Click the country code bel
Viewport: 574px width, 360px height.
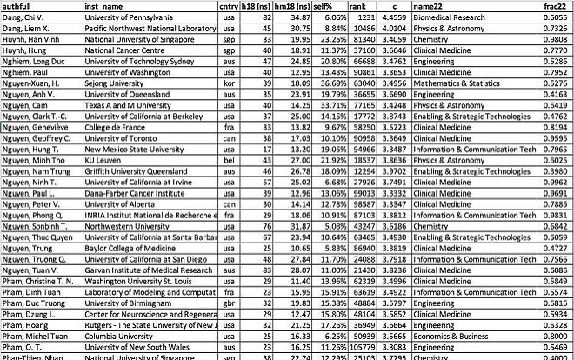tap(229, 210)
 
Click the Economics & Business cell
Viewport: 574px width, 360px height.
tap(430, 335)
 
